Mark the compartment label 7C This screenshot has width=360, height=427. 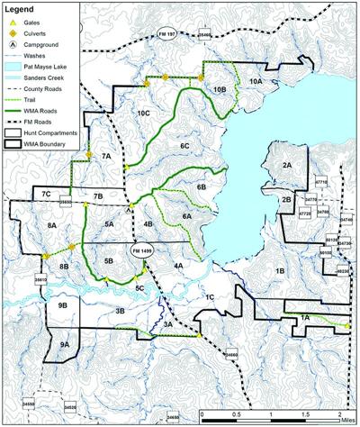(x=44, y=194)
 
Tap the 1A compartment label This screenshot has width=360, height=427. (x=305, y=317)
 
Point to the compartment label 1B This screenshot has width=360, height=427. (x=280, y=270)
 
